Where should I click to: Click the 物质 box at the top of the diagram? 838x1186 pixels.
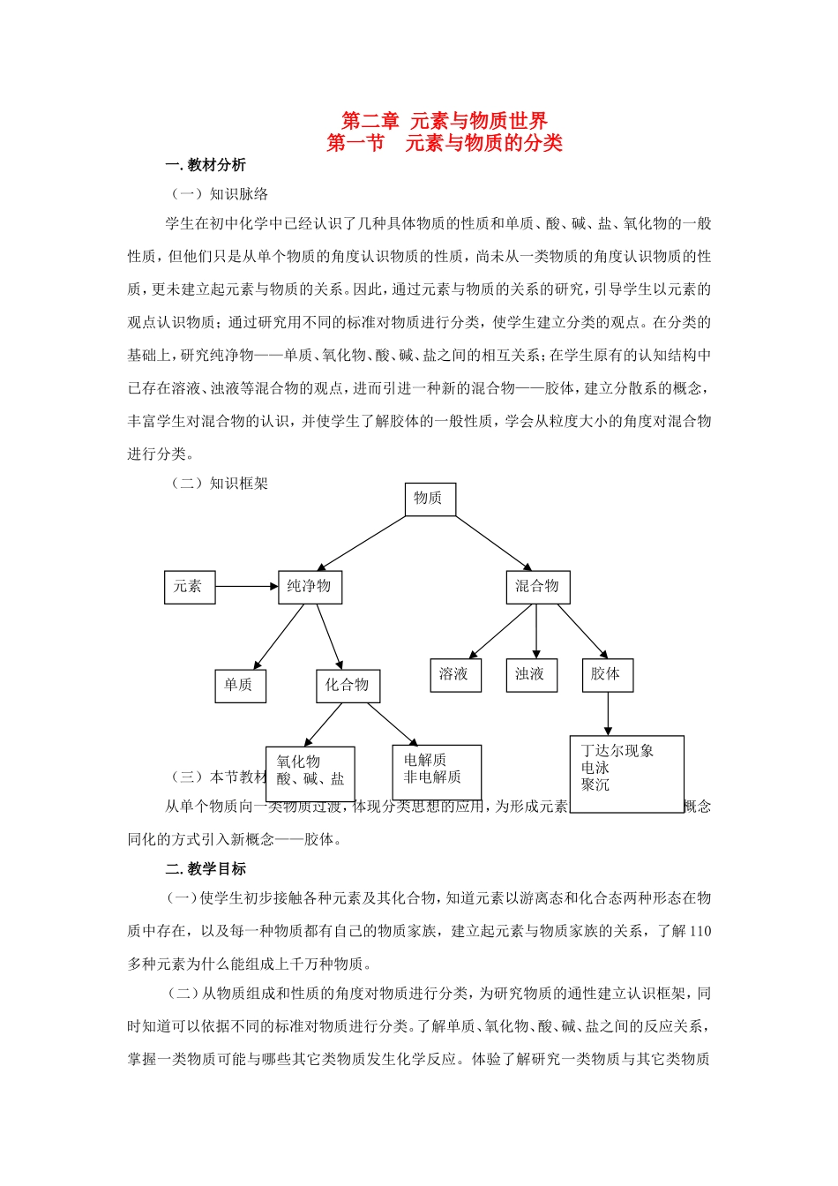coord(430,499)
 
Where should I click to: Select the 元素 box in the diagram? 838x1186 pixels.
coord(190,587)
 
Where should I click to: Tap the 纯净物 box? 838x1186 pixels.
coord(310,587)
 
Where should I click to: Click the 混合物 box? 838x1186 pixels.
coord(537,587)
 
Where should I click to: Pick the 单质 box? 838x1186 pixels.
coord(240,686)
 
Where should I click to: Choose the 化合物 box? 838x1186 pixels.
coord(348,686)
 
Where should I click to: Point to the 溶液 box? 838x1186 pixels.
coord(455,675)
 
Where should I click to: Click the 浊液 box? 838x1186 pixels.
coord(531,675)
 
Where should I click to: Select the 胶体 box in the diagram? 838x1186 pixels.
coord(607,675)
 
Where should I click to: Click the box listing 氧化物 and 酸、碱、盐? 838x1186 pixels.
coord(310,773)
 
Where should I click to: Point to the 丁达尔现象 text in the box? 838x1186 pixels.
coord(617,751)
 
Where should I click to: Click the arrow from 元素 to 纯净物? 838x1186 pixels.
coord(247,586)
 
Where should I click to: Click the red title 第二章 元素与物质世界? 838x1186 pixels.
coord(445,121)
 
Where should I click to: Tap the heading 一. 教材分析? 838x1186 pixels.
coord(206,165)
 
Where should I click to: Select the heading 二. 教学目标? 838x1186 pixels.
coord(206,869)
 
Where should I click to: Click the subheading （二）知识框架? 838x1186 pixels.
coord(220,484)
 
